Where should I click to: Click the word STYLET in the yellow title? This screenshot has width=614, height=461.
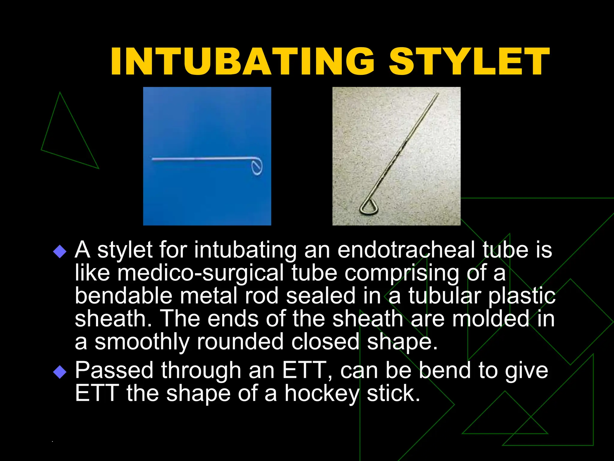[x=469, y=62]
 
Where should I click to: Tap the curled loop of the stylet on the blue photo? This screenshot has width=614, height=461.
[x=257, y=167]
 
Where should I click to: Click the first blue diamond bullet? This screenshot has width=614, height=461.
[x=60, y=251]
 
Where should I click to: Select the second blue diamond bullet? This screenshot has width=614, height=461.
[x=60, y=372]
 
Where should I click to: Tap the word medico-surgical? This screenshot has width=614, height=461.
[x=200, y=273]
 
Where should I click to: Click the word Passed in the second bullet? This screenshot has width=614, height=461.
[x=114, y=370]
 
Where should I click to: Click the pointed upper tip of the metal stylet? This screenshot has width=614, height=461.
[x=438, y=94]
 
